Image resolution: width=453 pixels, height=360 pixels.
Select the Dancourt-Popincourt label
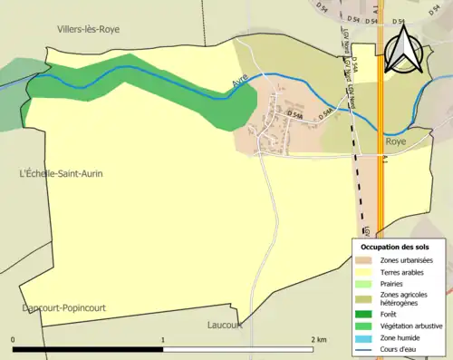(x=64, y=308)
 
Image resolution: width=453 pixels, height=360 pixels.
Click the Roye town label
(x=396, y=142)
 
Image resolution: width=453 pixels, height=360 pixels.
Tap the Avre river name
(x=240, y=83)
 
